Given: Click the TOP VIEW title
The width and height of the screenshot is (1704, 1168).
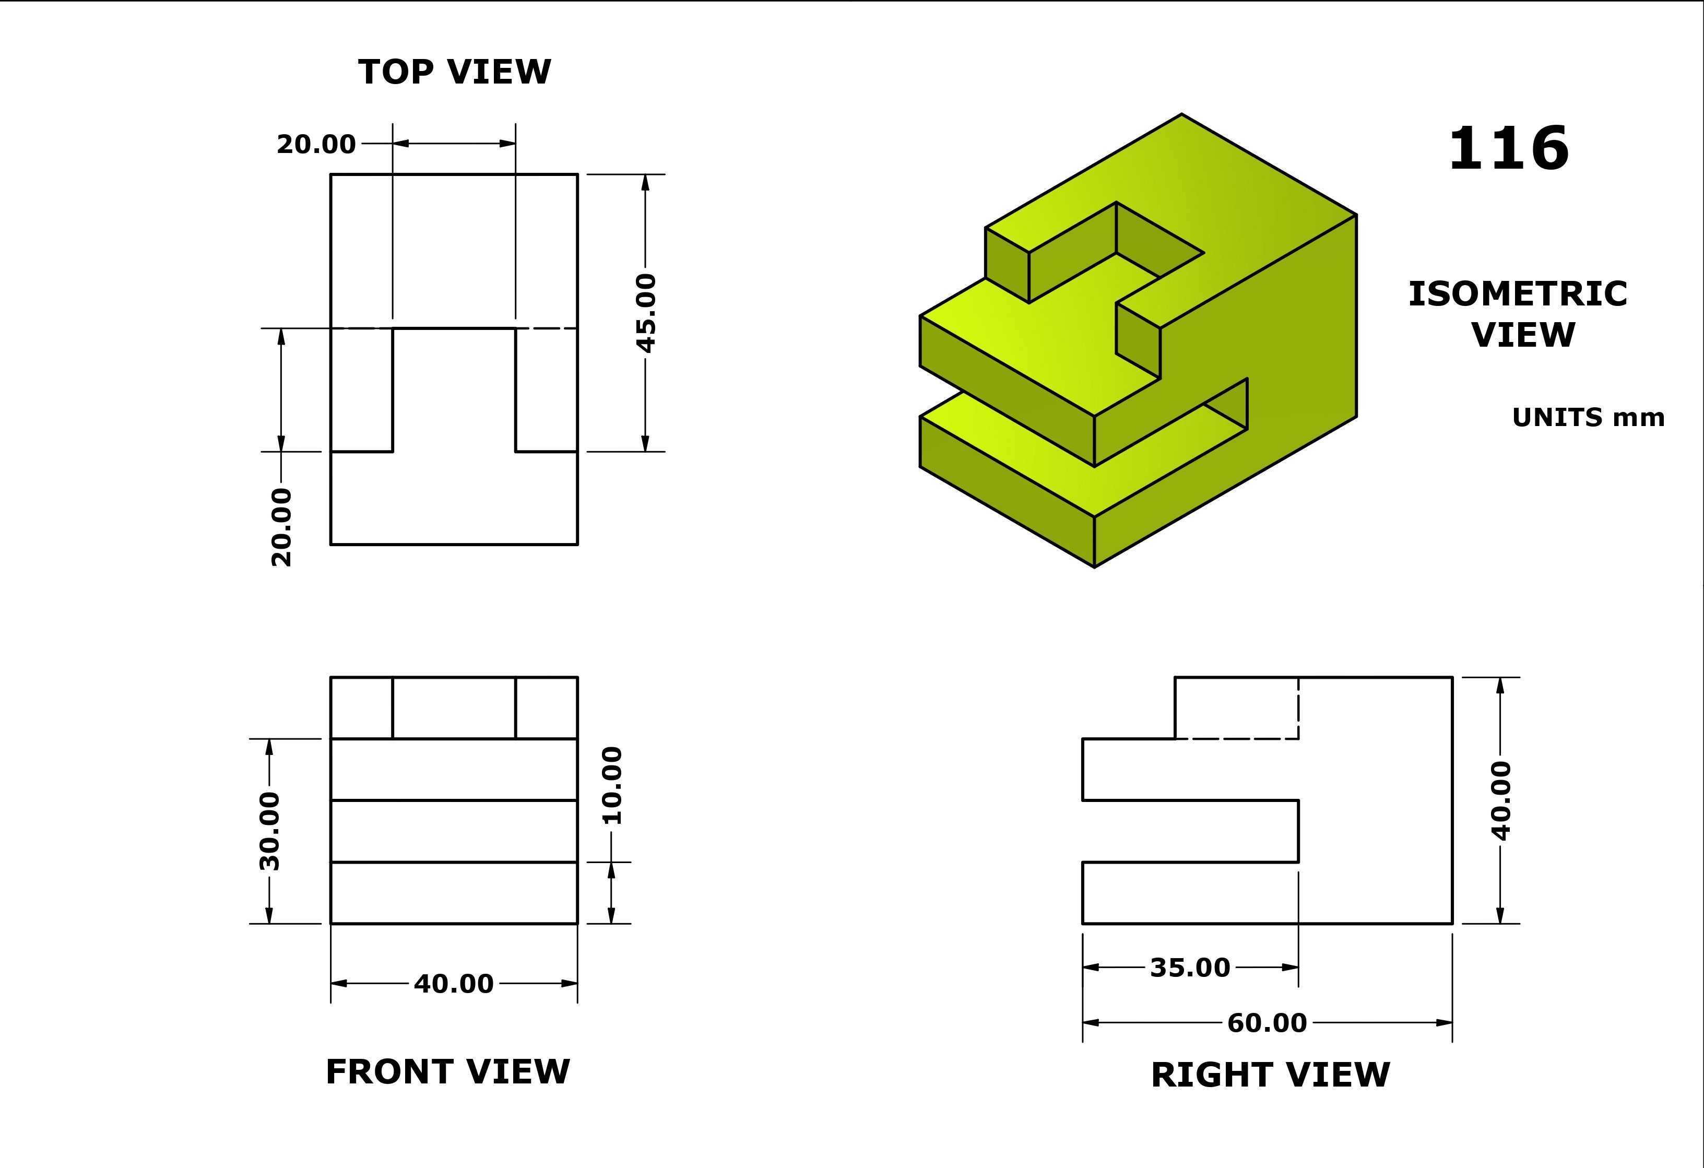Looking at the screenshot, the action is click(455, 72).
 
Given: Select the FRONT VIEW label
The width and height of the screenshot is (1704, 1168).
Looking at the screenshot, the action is click(447, 1072).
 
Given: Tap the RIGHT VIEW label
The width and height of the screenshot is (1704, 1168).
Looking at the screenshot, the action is click(1270, 1075).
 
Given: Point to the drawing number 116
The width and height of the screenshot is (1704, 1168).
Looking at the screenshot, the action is click(1508, 148).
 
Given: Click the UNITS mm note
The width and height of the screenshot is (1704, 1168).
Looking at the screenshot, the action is click(1588, 417).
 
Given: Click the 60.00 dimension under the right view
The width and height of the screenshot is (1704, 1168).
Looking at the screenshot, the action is click(1267, 1022).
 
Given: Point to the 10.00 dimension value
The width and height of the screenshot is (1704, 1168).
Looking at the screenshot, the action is click(611, 785).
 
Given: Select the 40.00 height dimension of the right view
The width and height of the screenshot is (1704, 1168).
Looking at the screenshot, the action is click(1501, 800).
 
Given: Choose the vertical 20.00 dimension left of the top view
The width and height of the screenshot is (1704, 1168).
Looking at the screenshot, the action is click(281, 527).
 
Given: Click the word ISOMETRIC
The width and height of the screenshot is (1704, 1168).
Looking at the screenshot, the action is click(1518, 294).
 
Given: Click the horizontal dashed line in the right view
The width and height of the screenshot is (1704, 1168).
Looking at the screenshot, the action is click(1237, 738).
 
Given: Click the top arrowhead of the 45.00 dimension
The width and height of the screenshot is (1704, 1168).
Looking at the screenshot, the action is click(645, 183).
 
